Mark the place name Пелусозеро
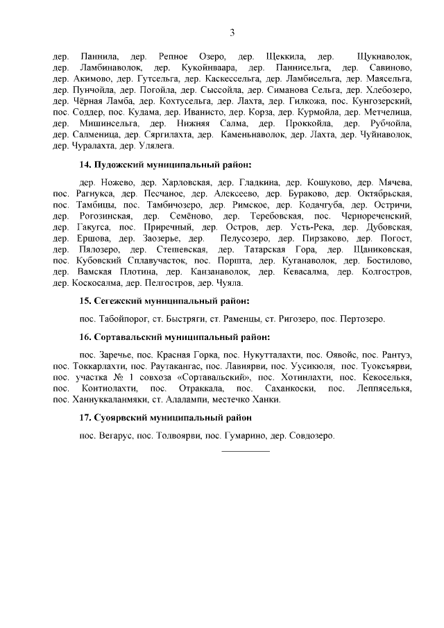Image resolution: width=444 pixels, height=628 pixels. click(x=245, y=238)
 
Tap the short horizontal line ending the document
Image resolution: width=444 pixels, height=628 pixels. click(x=245, y=452)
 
